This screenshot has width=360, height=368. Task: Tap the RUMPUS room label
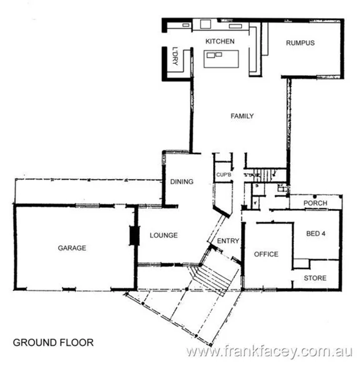299,43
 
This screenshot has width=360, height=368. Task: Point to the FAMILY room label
241,116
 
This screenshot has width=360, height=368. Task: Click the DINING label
181,182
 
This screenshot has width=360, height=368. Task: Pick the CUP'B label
224,175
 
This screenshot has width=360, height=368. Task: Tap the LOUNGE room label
164,235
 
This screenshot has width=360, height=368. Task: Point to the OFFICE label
266,254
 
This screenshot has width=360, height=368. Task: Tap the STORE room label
315,277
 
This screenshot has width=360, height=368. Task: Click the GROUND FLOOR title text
53,342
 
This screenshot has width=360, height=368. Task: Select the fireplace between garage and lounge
133,235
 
